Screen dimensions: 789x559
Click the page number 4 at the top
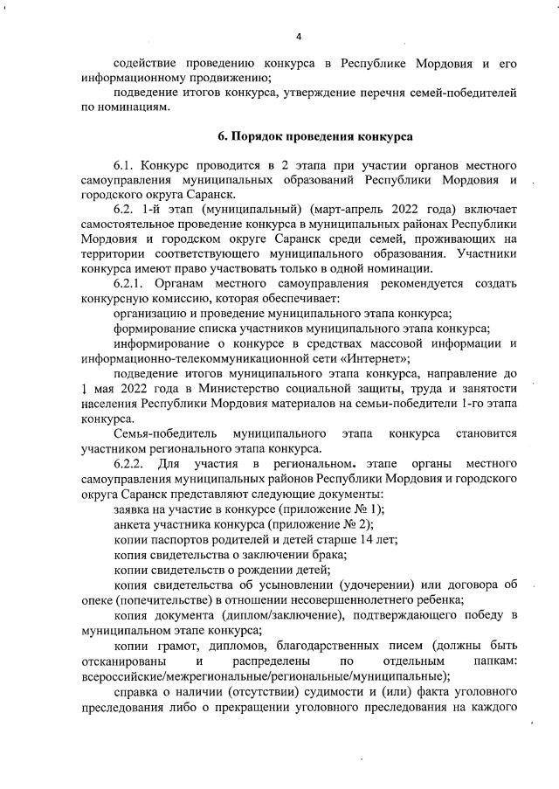coord(298,37)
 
